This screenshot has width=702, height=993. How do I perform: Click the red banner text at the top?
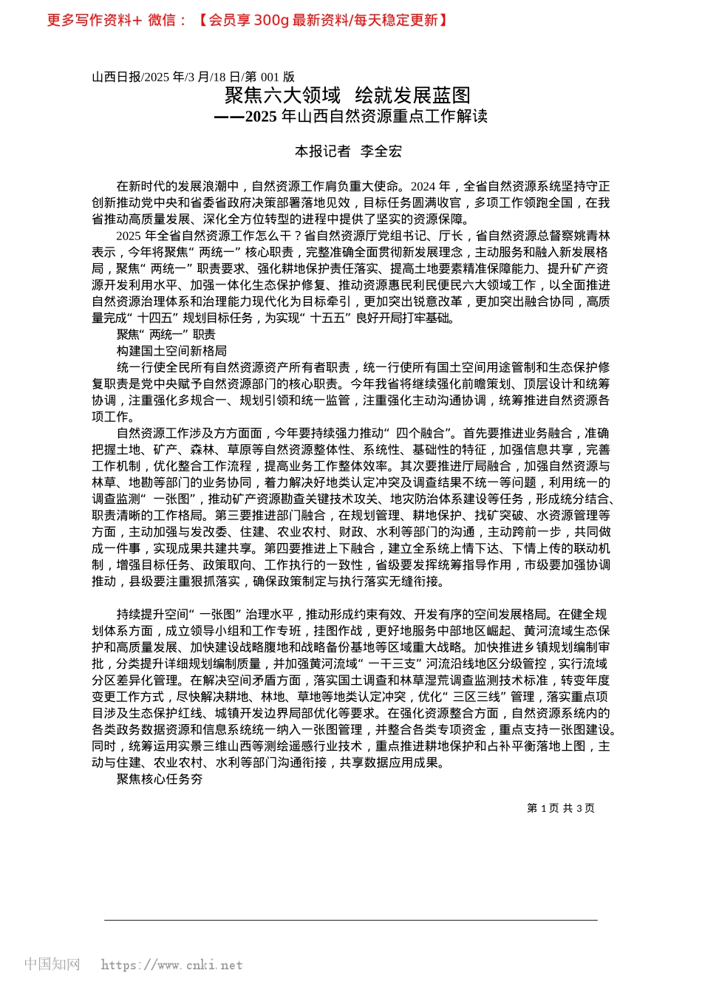(248, 21)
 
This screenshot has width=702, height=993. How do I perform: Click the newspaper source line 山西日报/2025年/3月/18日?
(193, 77)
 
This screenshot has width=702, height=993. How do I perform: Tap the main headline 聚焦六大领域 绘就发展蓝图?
(347, 95)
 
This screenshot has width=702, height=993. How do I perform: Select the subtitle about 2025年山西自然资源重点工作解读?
(351, 117)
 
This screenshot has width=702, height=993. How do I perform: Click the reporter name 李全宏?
(381, 151)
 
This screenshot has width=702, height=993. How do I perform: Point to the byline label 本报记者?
(322, 151)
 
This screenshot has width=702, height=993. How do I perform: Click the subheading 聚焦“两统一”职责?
(166, 335)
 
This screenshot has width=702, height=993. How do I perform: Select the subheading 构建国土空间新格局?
(171, 351)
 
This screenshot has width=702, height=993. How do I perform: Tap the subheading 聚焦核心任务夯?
(160, 779)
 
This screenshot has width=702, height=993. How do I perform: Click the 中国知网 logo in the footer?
(52, 964)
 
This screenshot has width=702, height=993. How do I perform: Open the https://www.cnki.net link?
(171, 965)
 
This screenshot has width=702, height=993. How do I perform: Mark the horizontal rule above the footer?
(351, 920)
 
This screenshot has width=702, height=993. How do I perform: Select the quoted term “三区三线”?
(480, 697)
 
